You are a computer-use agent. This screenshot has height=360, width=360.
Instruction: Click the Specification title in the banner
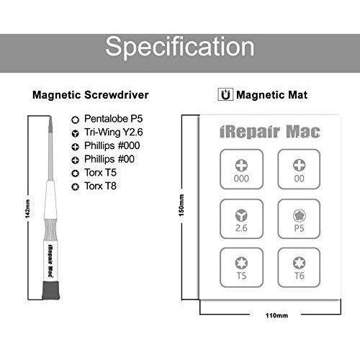180,47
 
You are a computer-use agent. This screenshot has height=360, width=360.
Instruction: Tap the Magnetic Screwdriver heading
91,95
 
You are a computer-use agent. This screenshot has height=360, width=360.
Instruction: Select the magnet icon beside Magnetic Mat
225,94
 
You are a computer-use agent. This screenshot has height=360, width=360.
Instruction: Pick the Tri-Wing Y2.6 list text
113,132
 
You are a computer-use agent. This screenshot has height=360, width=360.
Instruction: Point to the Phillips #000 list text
112,145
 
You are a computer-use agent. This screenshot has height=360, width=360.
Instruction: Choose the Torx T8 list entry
100,186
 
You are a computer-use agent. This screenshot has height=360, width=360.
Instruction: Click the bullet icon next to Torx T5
76,174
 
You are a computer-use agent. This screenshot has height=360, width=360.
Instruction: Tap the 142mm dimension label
27,209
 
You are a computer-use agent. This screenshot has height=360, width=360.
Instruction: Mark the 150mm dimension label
181,205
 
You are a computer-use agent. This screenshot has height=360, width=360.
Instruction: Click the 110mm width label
276,315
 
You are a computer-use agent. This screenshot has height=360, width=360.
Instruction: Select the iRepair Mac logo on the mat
270,132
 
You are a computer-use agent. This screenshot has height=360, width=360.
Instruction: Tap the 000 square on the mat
241,169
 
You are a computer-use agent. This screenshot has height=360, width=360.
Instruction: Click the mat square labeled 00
299,169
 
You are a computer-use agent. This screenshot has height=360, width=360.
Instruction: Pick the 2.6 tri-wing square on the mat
241,219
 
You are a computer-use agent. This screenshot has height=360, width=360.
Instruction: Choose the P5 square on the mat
299,219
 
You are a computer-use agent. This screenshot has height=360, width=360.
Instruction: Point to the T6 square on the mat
299,268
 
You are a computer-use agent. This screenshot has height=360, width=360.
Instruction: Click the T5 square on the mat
241,268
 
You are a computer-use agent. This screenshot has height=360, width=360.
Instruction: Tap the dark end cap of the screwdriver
51,290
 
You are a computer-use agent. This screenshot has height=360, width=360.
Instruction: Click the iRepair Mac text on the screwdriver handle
50,261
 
